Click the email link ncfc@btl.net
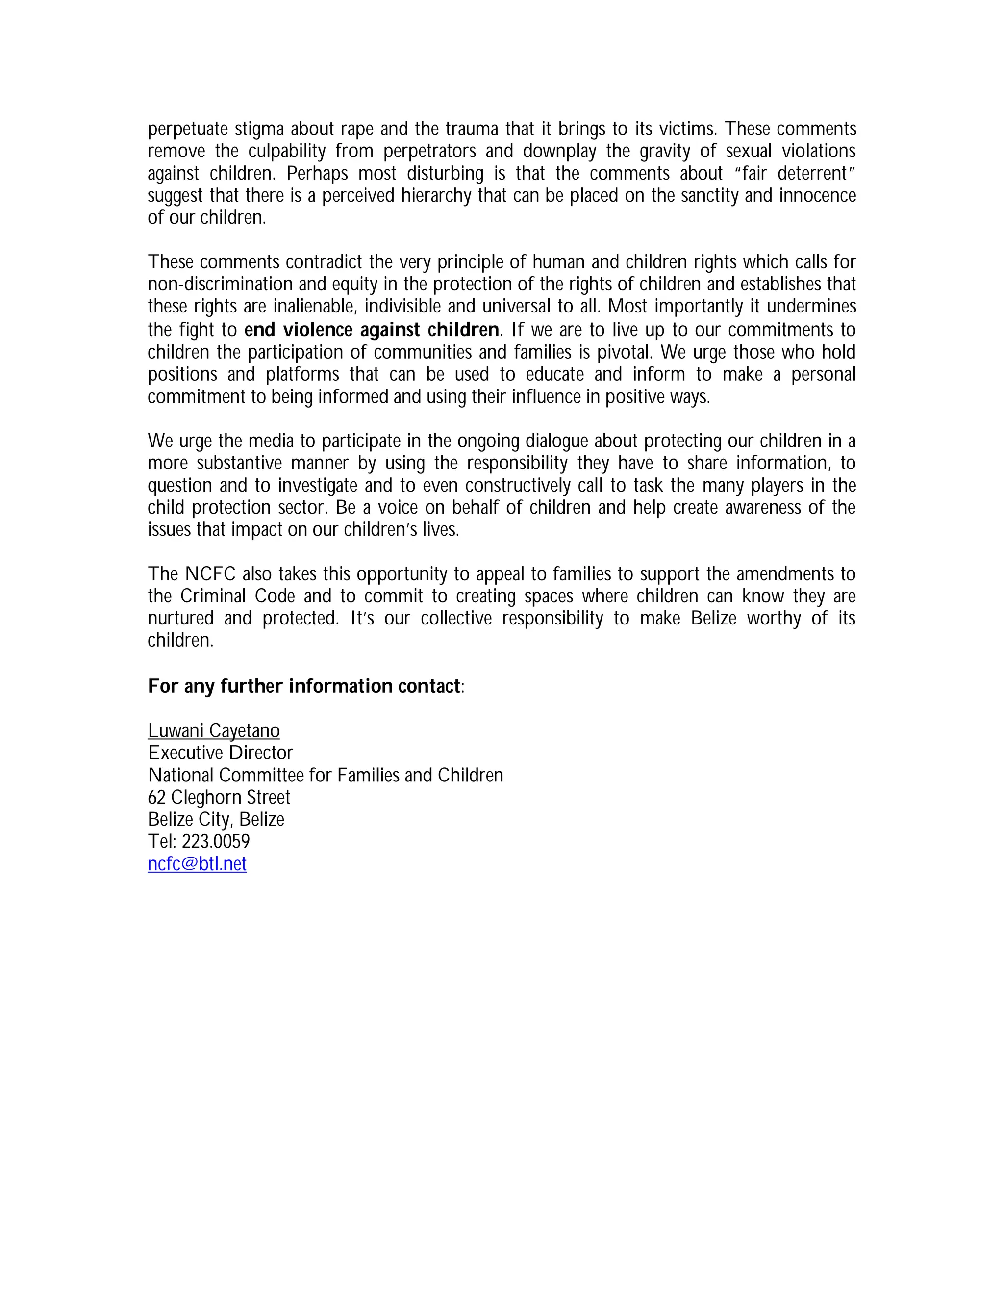(197, 864)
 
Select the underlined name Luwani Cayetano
(214, 730)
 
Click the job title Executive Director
(220, 753)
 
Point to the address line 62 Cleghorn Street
(219, 797)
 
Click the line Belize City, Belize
(216, 819)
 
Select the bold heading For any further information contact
(304, 686)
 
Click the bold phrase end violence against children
(371, 329)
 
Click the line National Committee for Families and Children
(326, 775)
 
